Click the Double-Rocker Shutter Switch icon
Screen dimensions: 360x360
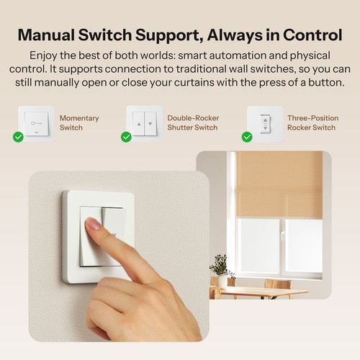click(x=145, y=122)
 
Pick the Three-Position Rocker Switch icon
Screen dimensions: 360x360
click(x=264, y=122)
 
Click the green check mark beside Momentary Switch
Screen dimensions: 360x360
click(x=19, y=137)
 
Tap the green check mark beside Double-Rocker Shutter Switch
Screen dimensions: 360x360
click(x=126, y=137)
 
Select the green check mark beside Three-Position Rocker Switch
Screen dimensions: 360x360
click(x=247, y=137)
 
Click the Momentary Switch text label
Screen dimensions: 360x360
click(x=79, y=122)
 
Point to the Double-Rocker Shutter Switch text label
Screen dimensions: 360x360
click(x=192, y=122)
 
